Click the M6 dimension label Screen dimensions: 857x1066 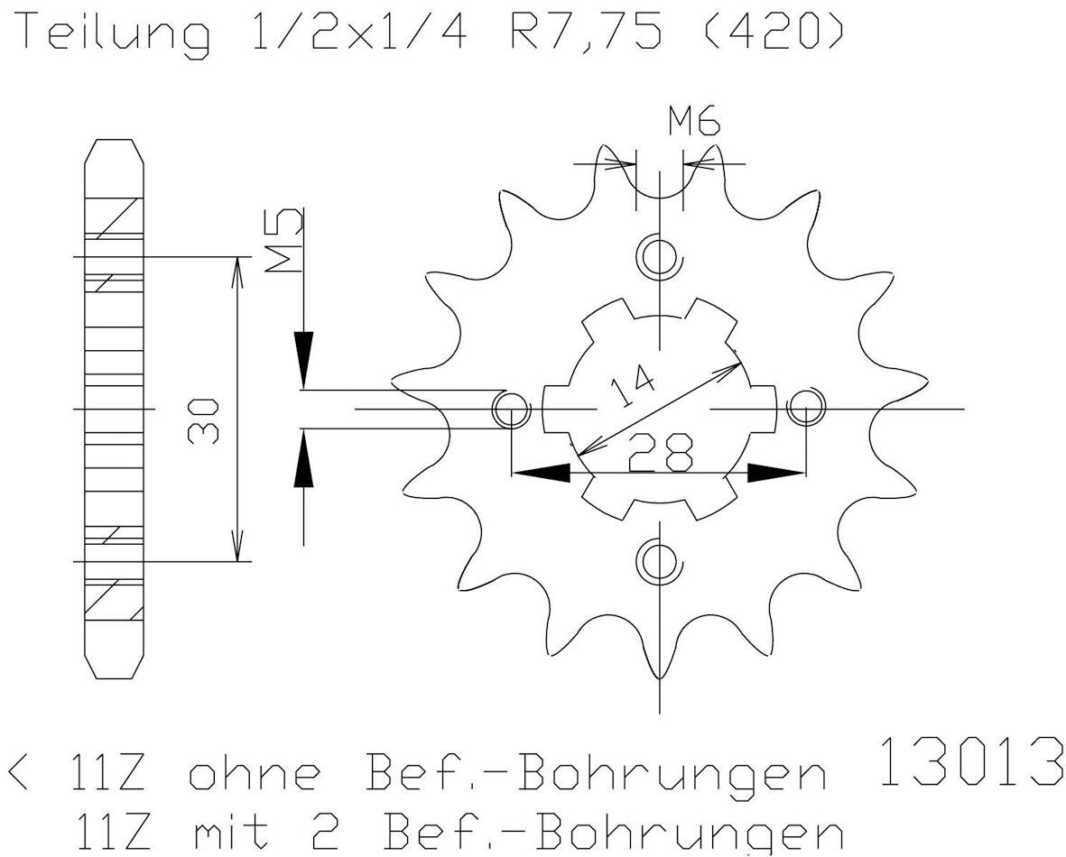point(694,121)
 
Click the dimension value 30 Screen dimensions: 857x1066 point(202,420)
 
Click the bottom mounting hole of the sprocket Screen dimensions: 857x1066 point(659,561)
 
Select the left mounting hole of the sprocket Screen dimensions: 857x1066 point(511,410)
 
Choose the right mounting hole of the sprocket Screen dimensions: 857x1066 point(804,409)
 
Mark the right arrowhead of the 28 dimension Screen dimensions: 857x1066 point(774,473)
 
